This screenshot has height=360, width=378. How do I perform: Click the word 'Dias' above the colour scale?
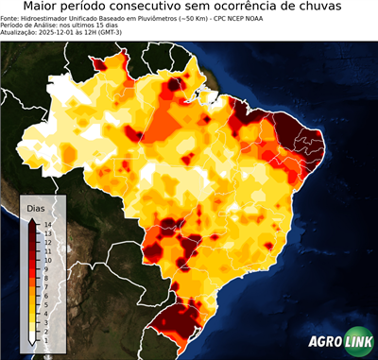coord(36,207)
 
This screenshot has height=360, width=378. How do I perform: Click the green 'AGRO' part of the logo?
coord(325,343)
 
